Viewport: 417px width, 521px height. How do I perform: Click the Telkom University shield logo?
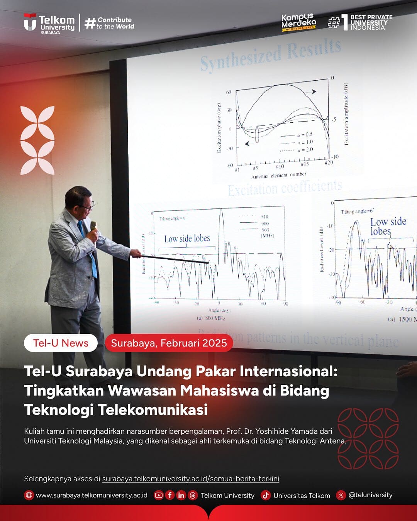click(x=30, y=22)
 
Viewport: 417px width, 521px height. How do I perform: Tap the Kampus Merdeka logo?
click(x=298, y=22)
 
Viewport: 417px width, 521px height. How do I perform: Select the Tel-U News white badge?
click(x=61, y=343)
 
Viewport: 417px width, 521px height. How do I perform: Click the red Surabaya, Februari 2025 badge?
click(x=169, y=343)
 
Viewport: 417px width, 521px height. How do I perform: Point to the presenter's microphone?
click(x=93, y=228)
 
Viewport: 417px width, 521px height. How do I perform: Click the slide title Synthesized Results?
click(x=270, y=56)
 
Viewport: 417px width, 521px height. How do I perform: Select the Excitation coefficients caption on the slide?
click(x=285, y=188)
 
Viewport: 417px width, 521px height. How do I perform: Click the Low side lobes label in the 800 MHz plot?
click(x=187, y=239)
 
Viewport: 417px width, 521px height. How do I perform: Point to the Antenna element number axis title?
click(x=279, y=175)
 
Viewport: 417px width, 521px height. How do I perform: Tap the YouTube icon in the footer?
click(x=158, y=495)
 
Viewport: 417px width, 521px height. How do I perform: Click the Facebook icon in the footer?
click(x=170, y=495)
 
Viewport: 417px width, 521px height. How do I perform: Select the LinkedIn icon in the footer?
click(x=181, y=495)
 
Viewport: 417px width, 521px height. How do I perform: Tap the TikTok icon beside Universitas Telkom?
click(x=265, y=495)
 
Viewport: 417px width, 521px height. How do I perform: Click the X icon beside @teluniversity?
click(x=341, y=495)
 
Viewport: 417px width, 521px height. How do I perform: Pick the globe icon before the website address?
click(x=29, y=495)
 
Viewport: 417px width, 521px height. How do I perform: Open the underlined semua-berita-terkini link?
click(x=190, y=479)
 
